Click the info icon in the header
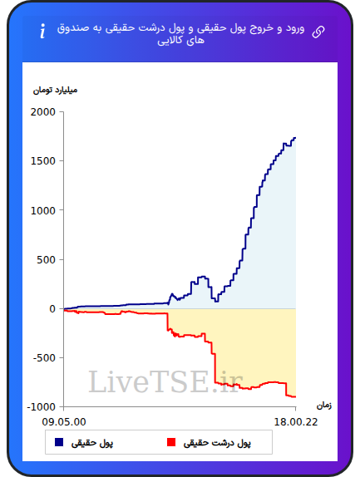point(42,31)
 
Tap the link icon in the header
point(318,32)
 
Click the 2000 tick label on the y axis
point(43,112)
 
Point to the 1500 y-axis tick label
point(43,161)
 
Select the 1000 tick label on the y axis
point(43,210)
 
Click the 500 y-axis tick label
point(46,259)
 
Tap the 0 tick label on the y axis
point(52,309)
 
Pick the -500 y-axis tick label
point(44,357)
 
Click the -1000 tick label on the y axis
point(42,406)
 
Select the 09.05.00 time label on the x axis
point(64,422)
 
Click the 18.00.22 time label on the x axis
point(296,422)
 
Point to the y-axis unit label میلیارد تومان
point(55,91)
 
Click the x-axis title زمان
point(323,406)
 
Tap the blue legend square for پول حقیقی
point(59,442)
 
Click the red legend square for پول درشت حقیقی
point(171,442)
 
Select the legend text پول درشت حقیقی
point(217,443)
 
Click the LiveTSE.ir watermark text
point(165,381)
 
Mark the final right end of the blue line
point(295,138)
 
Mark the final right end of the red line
point(295,396)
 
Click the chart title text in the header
point(180,34)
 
